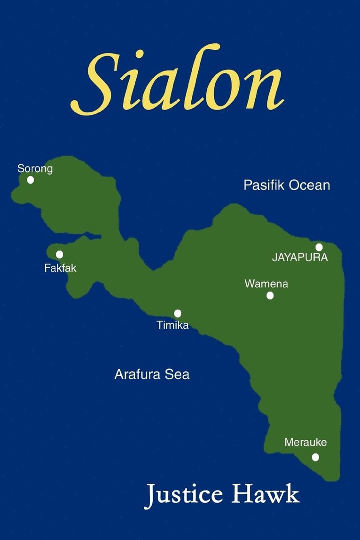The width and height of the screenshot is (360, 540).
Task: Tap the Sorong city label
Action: (x=35, y=168)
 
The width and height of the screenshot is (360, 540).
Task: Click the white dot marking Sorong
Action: (x=31, y=180)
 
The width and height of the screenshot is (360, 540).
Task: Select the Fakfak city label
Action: (x=60, y=269)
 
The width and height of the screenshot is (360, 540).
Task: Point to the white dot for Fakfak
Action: (x=60, y=254)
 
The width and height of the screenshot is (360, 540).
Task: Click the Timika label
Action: (x=173, y=325)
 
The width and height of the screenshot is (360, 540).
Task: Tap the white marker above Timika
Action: (x=178, y=313)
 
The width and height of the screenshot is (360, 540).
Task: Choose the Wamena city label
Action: (x=266, y=284)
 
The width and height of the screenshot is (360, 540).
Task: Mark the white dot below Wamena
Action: (x=270, y=295)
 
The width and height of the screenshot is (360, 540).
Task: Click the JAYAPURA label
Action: (x=300, y=258)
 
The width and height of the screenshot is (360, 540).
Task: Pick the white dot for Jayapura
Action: (x=319, y=247)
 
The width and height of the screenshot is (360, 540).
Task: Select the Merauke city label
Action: (x=305, y=443)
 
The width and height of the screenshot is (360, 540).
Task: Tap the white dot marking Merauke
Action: (x=315, y=457)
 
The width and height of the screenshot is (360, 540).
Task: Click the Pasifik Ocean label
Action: (x=287, y=185)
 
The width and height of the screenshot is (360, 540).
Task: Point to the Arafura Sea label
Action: (x=152, y=375)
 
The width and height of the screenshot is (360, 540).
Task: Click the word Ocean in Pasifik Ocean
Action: (x=309, y=185)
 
